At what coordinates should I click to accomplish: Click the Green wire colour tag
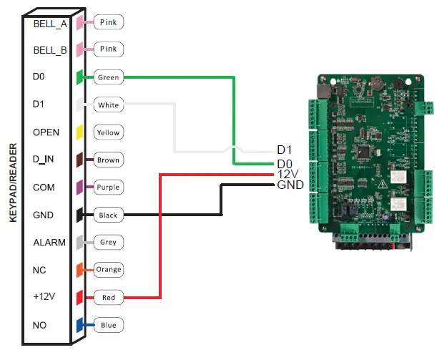pos(108,77)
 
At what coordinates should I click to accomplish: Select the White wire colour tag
pos(108,105)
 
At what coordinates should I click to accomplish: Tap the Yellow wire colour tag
pos(108,132)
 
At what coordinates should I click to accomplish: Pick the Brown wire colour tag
pos(108,160)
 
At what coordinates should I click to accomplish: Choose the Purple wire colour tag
pos(108,188)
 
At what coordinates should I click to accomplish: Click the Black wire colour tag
pos(108,215)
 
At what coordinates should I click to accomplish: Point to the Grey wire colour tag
pos(108,242)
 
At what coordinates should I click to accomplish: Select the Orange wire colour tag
pos(108,270)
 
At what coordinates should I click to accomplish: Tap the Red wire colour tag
pos(108,297)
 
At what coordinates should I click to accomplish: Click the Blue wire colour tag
pos(108,325)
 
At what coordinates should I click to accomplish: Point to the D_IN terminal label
pos(46,160)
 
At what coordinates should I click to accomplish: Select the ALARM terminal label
pos(49,243)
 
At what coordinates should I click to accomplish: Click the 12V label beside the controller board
pos(286,175)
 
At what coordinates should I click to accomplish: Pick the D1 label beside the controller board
pos(285,150)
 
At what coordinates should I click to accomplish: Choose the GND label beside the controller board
pos(290,185)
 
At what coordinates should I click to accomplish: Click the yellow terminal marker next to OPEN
pos(80,132)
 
